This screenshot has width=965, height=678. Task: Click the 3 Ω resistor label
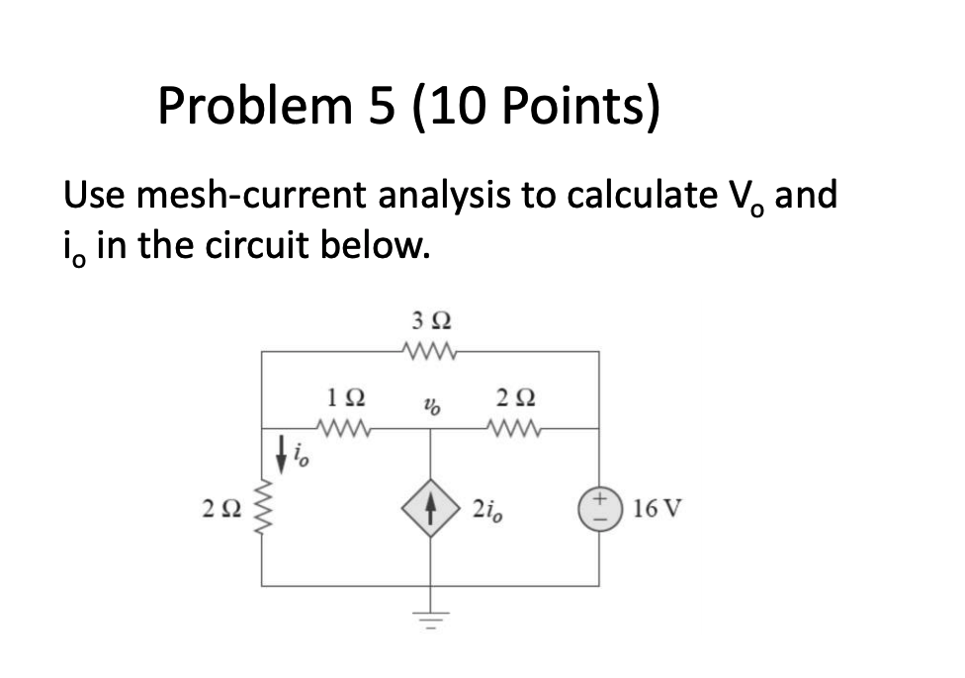pos(428,321)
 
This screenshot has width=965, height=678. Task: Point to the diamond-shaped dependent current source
pos(429,511)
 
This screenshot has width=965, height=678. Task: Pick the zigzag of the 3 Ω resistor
pos(428,350)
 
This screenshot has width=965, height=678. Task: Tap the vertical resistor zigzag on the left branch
pos(262,511)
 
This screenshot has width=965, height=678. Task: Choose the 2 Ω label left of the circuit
pos(221,511)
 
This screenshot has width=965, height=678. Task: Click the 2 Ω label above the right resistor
pos(513,398)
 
